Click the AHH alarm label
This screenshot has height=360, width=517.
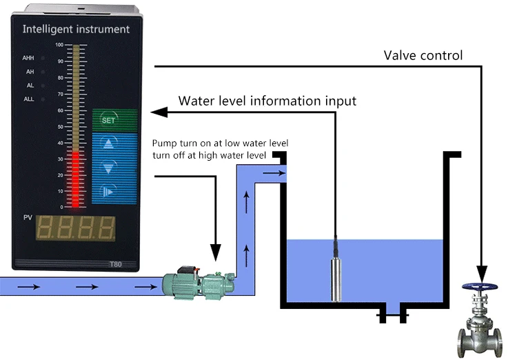coord(30,58)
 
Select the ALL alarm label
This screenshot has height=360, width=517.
coord(30,99)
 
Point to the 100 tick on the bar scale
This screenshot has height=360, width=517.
coord(59,45)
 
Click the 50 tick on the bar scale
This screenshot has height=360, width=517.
coord(60,126)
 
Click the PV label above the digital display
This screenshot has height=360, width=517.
coord(28,218)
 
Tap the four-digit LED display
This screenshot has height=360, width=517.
coord(76,228)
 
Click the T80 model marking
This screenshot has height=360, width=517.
coord(116,263)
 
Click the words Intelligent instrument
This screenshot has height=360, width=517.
coord(76,29)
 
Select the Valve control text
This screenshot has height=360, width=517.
coord(423,55)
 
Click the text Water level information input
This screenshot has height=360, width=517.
coord(267,101)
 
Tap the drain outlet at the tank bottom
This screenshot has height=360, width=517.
coord(392,316)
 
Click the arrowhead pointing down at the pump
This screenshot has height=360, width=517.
coord(216,255)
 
